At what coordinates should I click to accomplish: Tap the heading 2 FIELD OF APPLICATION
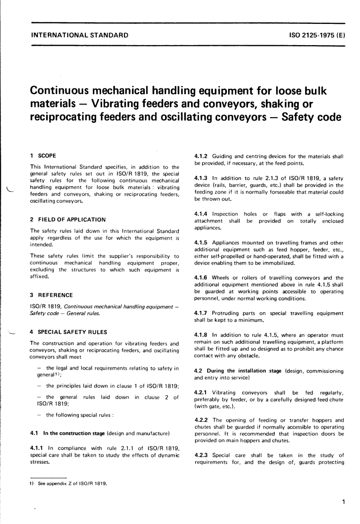click(x=68, y=220)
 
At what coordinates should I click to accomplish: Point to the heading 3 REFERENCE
click(x=51, y=295)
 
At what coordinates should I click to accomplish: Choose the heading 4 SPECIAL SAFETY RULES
click(x=68, y=332)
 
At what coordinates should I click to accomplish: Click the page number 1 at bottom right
click(x=343, y=502)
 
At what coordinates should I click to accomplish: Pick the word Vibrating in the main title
click(x=121, y=104)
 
